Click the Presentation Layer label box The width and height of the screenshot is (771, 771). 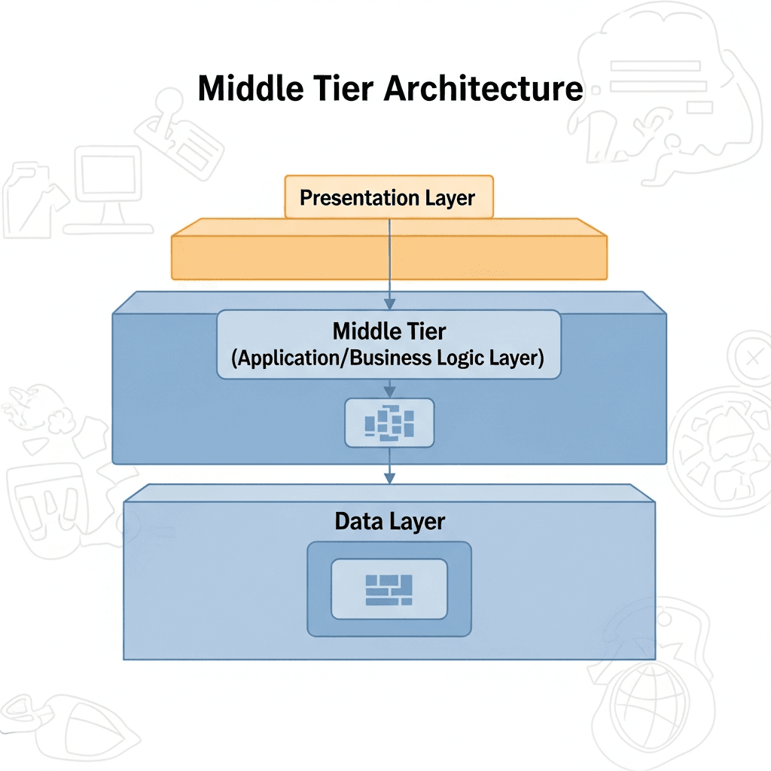pos(389,197)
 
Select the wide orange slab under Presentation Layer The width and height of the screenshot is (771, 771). pos(389,256)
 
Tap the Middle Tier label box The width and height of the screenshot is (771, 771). pos(389,343)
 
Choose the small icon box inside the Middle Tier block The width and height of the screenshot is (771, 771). pos(389,423)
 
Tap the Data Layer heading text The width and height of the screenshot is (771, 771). pos(389,521)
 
